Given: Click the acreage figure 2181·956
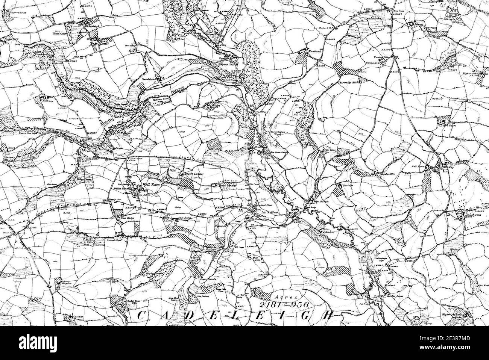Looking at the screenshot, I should [284, 305].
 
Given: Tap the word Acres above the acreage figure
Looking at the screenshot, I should [283, 296].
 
